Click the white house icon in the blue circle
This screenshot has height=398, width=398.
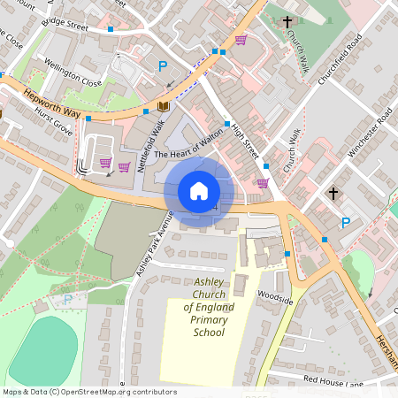point(199,190)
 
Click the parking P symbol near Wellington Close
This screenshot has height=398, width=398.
point(163,65)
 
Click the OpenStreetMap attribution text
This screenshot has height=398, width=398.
point(89,392)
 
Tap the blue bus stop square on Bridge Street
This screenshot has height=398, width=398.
point(111,29)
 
